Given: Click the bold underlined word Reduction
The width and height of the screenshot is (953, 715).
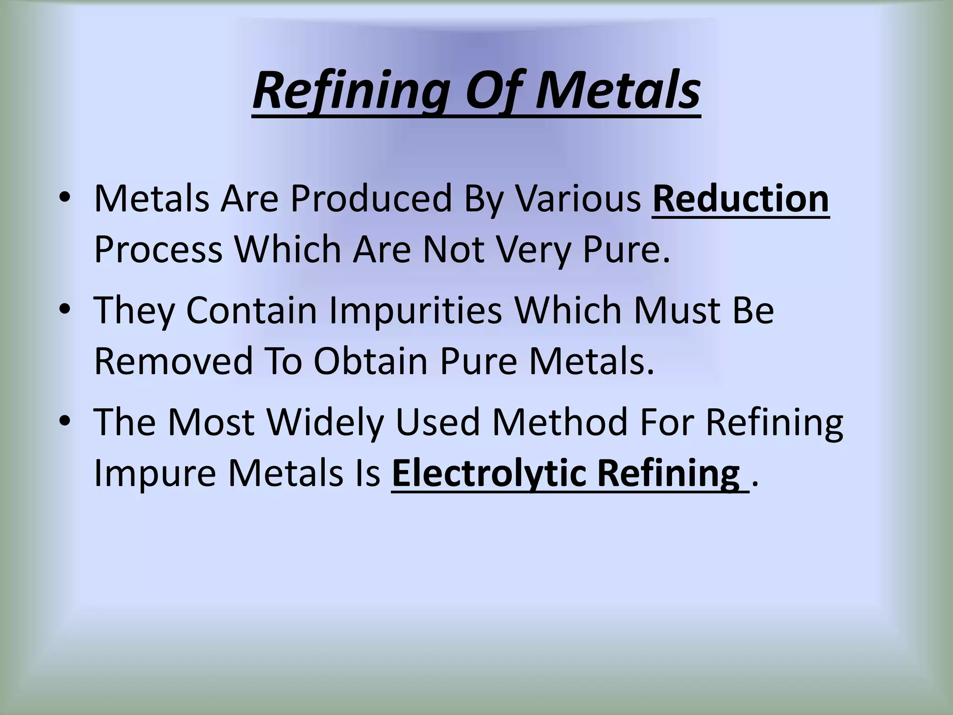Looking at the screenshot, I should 740,199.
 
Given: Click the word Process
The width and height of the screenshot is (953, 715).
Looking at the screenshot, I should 158,250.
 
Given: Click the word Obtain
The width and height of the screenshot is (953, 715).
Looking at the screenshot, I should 370,361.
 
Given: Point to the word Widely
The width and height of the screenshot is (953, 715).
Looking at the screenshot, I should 325,422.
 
